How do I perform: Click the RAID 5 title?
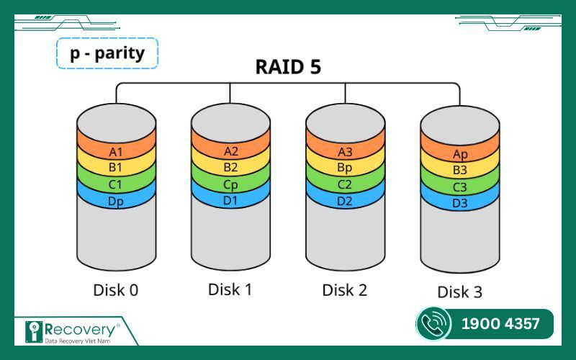coord(288,67)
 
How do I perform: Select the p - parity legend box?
coord(107,53)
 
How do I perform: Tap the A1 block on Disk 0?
coord(116,152)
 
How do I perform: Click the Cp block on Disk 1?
coord(230,184)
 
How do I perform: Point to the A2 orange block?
coord(230,151)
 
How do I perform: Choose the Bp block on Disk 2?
coord(345,168)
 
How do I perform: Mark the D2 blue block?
coord(345,201)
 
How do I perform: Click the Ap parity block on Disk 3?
coord(460,155)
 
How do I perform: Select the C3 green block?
coord(460,188)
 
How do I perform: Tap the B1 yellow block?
coord(116,168)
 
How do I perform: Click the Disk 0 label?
coord(116,290)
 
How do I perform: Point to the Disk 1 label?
coord(230,289)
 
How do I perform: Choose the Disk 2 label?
coord(345,290)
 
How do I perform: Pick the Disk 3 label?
coord(460,292)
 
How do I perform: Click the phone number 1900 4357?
coord(500,324)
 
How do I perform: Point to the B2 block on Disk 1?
coord(230,168)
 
